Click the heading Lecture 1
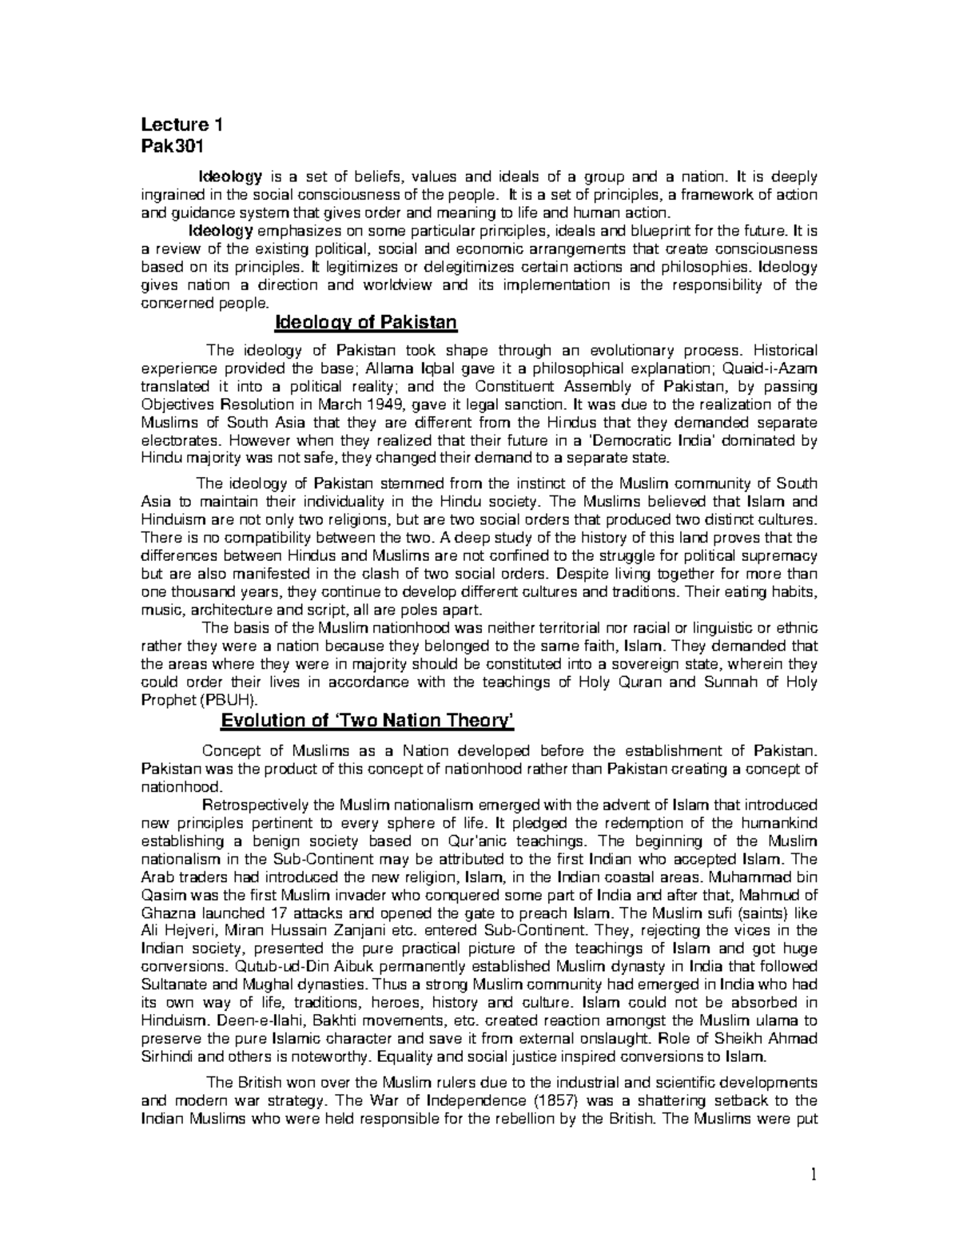tap(182, 125)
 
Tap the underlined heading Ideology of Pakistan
tap(365, 323)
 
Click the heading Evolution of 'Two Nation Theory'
tap(367, 721)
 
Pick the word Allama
tap(387, 368)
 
